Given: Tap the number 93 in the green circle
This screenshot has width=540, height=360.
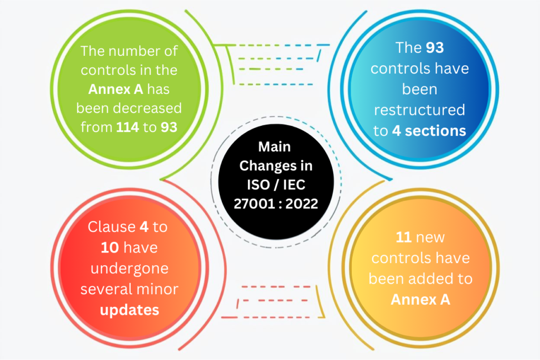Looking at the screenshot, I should coord(169,127).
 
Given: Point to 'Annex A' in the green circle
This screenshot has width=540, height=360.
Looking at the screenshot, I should coord(114,89).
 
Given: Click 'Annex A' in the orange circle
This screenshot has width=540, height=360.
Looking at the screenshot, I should coord(420,299).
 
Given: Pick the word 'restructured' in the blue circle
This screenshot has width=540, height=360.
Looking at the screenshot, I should coord(419,110).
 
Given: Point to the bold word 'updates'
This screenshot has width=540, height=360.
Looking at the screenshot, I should coord(129,309).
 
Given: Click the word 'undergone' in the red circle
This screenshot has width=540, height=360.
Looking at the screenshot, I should coord(129,268).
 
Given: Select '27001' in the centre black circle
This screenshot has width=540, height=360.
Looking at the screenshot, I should coord(251,203).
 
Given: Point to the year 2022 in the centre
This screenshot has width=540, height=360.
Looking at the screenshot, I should coord(301,203).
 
